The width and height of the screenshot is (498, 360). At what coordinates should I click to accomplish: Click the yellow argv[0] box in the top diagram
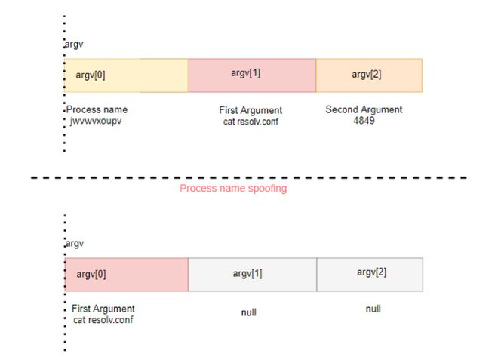[126, 75]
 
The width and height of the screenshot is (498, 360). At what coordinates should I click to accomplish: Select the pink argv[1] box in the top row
[252, 75]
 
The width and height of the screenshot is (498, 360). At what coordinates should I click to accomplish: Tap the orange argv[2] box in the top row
[369, 75]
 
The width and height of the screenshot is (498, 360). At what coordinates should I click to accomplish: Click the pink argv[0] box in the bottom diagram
[127, 275]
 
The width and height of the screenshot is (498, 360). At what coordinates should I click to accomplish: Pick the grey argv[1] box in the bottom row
[253, 275]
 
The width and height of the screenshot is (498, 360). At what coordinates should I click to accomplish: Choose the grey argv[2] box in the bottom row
[370, 275]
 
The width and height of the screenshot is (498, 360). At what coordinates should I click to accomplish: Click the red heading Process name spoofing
[233, 189]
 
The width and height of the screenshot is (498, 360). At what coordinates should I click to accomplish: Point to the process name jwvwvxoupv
[96, 121]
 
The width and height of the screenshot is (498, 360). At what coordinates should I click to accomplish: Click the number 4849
[364, 121]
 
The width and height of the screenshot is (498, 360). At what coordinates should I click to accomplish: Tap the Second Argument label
[364, 109]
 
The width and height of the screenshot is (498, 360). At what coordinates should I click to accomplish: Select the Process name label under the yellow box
[97, 109]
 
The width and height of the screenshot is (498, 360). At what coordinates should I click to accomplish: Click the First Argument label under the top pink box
[251, 110]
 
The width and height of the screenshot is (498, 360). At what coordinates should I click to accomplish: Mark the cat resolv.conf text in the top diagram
[251, 122]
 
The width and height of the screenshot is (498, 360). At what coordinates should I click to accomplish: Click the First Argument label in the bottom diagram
[103, 309]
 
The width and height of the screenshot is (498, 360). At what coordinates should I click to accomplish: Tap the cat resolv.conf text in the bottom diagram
[103, 320]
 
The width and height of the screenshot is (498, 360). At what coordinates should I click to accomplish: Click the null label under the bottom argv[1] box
[249, 312]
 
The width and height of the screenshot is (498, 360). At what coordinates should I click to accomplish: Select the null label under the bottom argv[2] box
[373, 309]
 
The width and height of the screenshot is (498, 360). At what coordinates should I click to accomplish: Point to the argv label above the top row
[74, 45]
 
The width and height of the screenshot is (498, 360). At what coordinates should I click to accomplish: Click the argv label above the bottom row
[75, 243]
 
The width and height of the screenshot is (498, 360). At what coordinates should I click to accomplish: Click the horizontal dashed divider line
[249, 177]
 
